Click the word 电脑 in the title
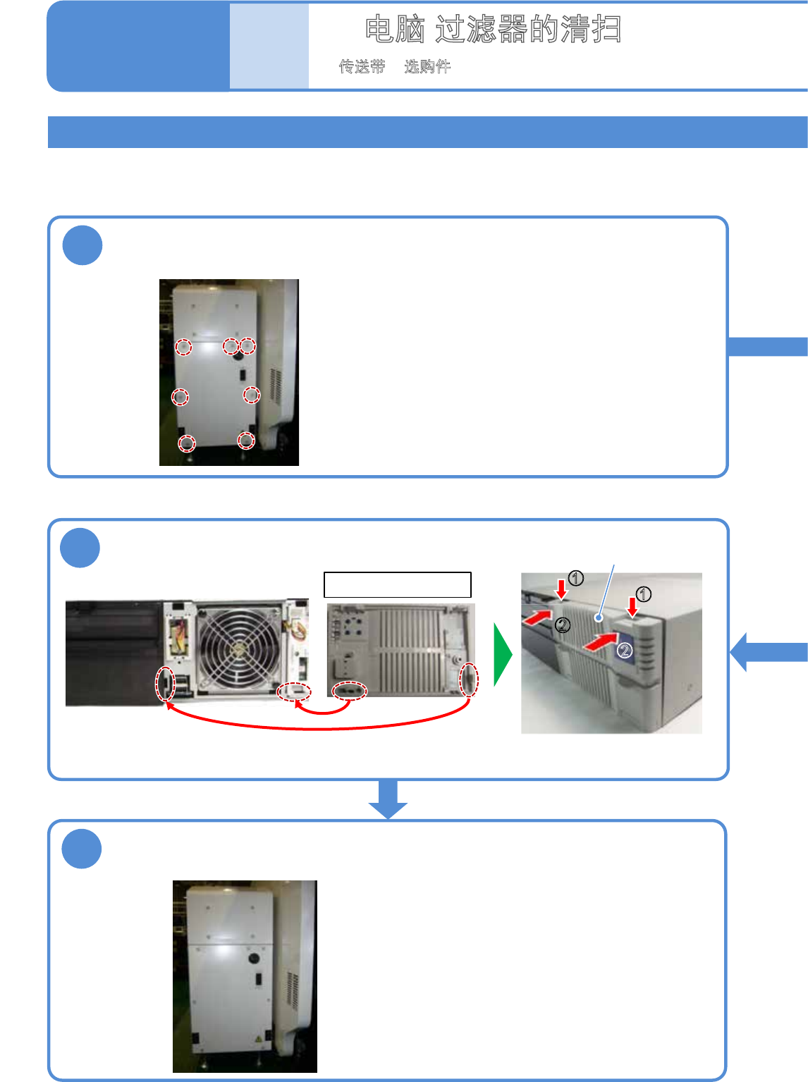pyautogui.click(x=395, y=30)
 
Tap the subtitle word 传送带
pyautogui.click(x=362, y=67)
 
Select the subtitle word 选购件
pyautogui.click(x=427, y=67)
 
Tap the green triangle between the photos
pyautogui.click(x=503, y=655)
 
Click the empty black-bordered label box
pyautogui.click(x=397, y=585)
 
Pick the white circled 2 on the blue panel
pyautogui.click(x=625, y=651)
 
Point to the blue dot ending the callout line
pyautogui.click(x=599, y=618)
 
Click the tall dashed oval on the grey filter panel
pyautogui.click(x=468, y=680)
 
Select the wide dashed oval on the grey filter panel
pyautogui.click(x=350, y=691)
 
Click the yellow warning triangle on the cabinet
pyautogui.click(x=259, y=1040)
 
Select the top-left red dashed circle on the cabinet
pyautogui.click(x=183, y=347)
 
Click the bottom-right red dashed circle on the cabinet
pyautogui.click(x=245, y=441)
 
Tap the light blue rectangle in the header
pyautogui.click(x=269, y=47)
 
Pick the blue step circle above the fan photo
pyautogui.click(x=80, y=548)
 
